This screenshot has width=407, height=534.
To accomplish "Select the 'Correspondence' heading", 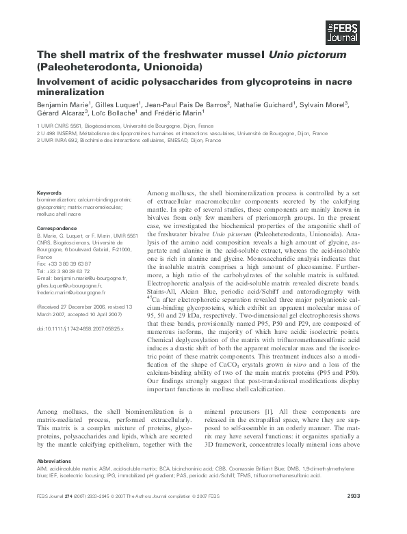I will click(x=57, y=227).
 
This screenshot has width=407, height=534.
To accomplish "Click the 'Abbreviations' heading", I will click(x=55, y=461).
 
